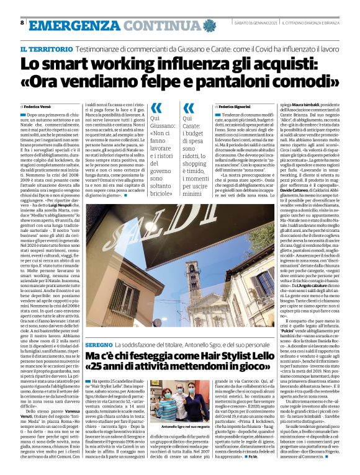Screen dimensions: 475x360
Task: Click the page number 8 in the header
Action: [22, 23]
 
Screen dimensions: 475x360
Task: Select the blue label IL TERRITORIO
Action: [44, 48]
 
